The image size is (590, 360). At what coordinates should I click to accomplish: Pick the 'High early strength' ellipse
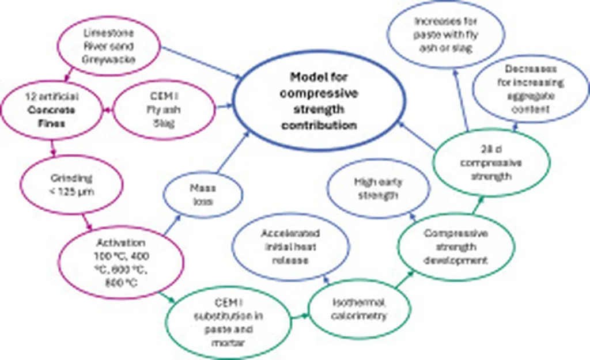(x=379, y=188)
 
